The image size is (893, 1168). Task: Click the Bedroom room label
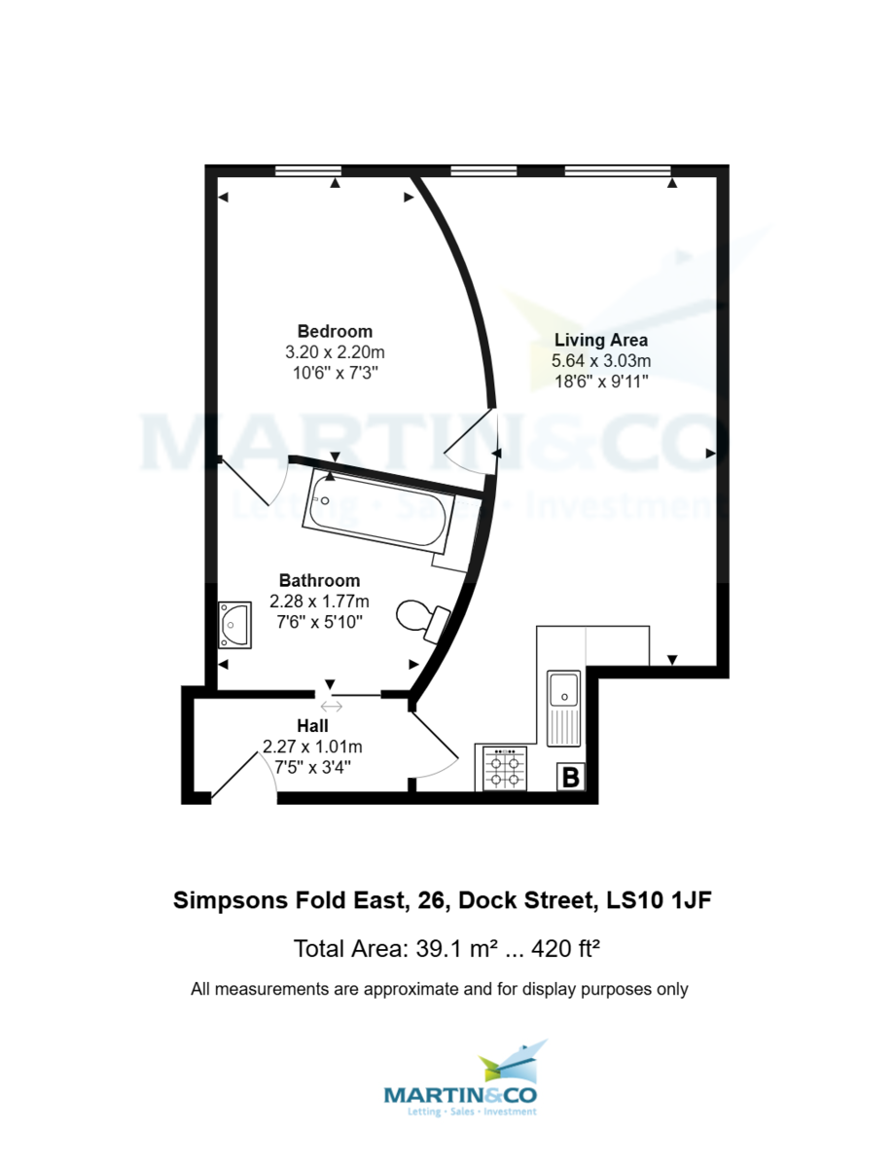(x=335, y=331)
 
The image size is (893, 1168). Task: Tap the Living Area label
(x=600, y=341)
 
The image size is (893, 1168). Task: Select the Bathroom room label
(x=319, y=581)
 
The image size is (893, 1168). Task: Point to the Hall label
(x=312, y=726)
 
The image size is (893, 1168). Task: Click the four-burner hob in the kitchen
(x=505, y=768)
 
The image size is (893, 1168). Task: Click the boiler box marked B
(x=572, y=778)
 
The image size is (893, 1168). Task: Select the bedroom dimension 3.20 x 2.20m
(x=335, y=352)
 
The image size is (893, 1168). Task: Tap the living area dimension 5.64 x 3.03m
(x=601, y=361)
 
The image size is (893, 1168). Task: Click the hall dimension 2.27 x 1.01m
(x=312, y=747)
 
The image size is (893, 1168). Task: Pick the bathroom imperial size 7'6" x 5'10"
(x=319, y=621)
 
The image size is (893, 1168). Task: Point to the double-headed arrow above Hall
(x=331, y=707)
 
